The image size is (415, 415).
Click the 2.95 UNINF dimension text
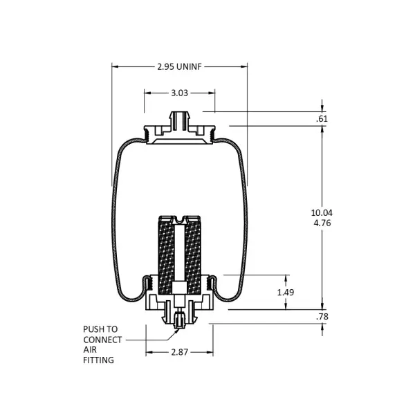(x=179, y=66)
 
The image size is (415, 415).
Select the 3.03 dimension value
(x=179, y=92)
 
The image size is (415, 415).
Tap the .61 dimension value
(x=322, y=119)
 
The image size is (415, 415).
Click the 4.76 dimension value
(x=322, y=223)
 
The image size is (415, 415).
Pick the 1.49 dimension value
(x=286, y=293)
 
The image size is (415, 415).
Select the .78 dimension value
(x=322, y=317)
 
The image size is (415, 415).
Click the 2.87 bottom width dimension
(x=179, y=353)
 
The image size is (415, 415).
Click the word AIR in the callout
(x=90, y=350)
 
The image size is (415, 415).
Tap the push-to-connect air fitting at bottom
(x=179, y=322)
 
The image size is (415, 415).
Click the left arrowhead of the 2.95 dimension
(x=116, y=66)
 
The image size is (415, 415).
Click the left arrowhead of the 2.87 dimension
(x=149, y=353)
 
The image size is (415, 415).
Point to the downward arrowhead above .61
(x=322, y=108)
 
